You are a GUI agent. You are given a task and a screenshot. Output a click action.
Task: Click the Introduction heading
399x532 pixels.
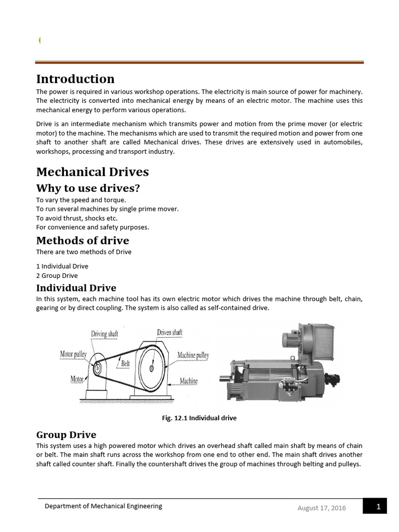(75, 79)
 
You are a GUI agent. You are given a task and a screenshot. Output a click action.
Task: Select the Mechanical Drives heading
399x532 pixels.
(92, 172)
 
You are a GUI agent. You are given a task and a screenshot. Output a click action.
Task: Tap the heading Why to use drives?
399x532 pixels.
(88, 188)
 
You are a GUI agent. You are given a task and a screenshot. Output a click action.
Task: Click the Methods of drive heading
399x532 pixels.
(83, 241)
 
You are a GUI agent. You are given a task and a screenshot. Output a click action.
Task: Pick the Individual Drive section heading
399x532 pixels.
(76, 288)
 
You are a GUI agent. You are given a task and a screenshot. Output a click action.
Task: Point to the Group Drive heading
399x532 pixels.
(66, 434)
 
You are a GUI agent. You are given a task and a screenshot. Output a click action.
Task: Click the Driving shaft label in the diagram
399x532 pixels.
(104, 334)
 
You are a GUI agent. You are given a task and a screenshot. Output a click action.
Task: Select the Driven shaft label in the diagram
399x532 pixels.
(169, 332)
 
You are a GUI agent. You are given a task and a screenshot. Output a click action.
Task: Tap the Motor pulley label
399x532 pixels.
(73, 354)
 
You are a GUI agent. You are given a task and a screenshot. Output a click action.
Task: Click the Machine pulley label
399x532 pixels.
(193, 355)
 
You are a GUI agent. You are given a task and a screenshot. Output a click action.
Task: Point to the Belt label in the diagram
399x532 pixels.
(125, 364)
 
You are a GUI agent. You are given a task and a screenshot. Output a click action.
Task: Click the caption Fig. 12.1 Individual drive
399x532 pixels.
(199, 418)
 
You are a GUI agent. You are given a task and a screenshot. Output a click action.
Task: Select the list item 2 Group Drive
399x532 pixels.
(57, 275)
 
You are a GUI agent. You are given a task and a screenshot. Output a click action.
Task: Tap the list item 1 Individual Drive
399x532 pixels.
(62, 266)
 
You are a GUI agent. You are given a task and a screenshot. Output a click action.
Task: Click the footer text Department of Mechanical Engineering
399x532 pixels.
(103, 506)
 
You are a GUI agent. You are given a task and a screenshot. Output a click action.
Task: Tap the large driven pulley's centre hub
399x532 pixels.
(151, 368)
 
